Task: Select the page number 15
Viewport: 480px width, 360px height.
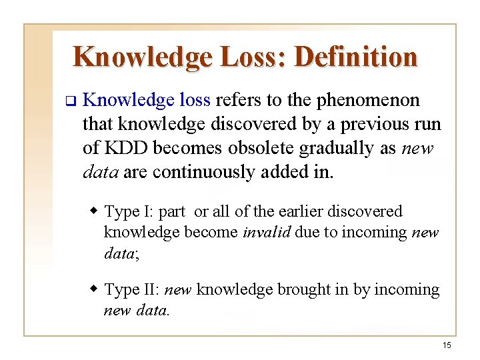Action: [x=447, y=345]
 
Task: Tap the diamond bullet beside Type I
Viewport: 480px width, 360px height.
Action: [x=94, y=211]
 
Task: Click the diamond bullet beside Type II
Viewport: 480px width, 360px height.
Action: [x=94, y=289]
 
